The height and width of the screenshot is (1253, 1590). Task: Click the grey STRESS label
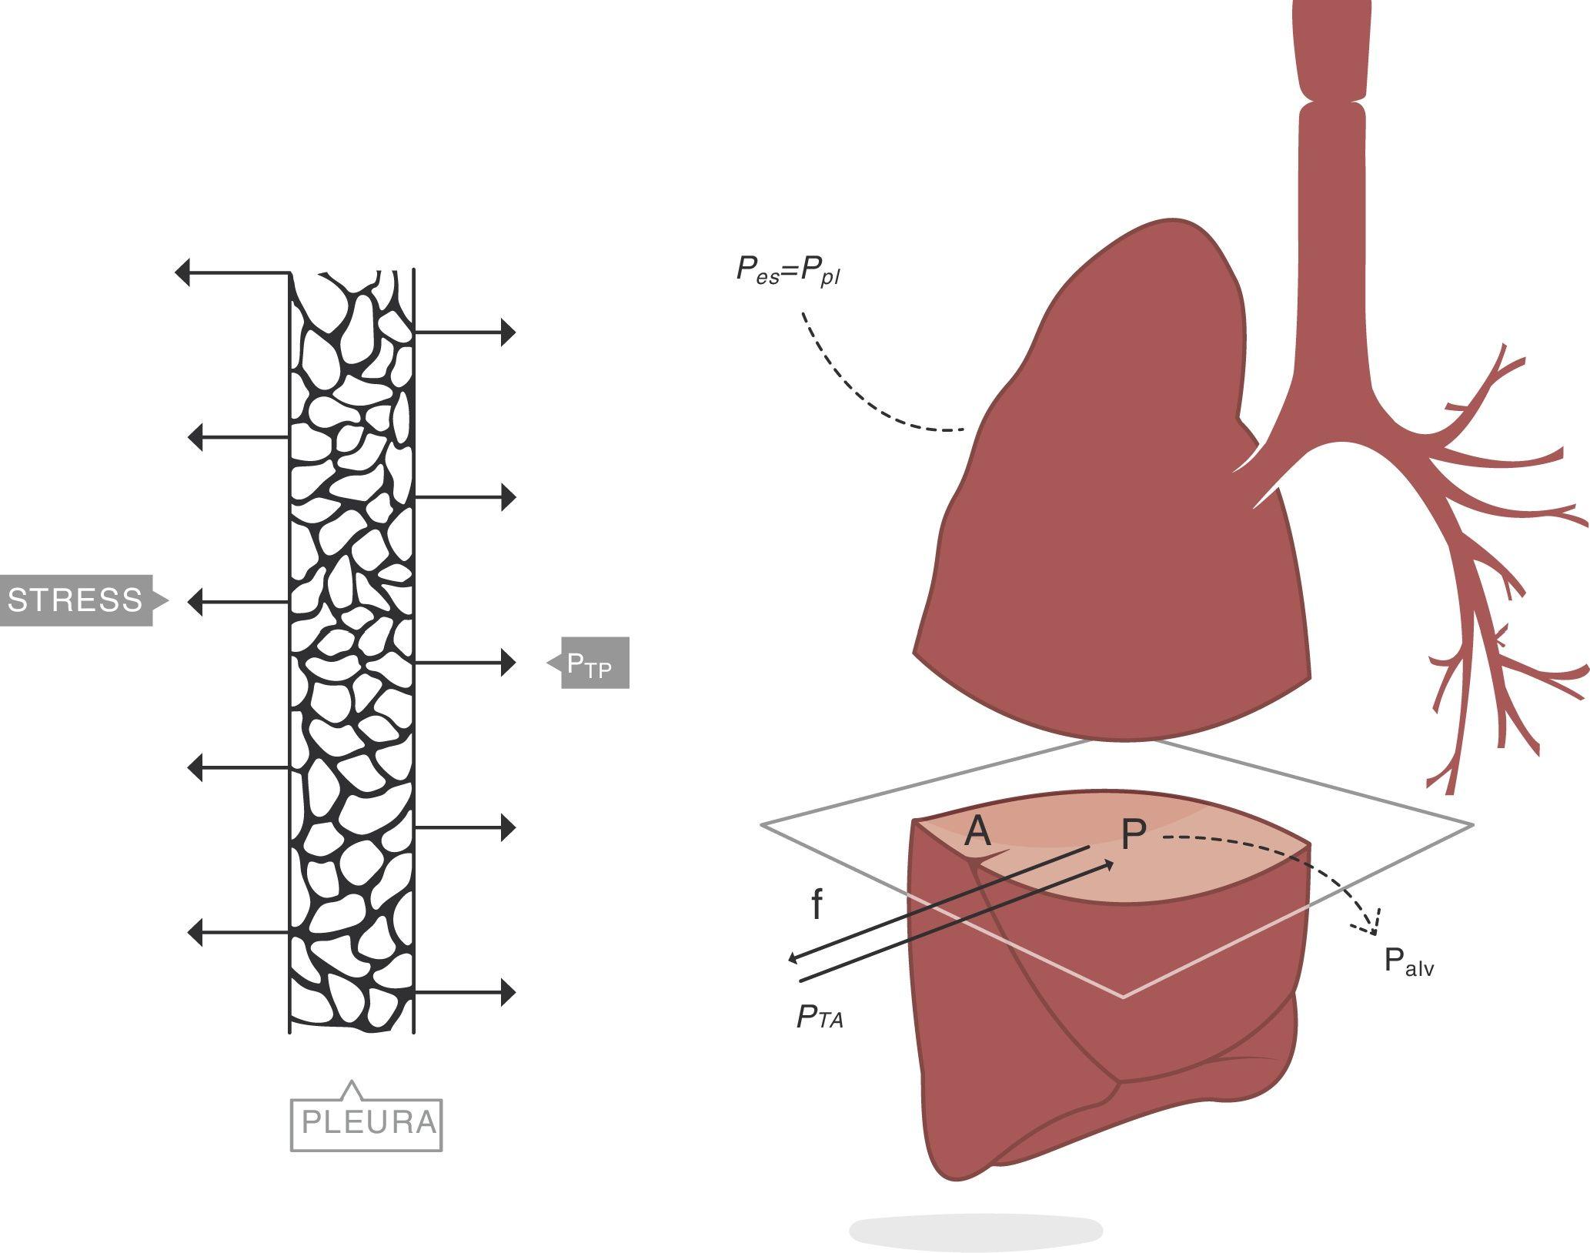(x=75, y=600)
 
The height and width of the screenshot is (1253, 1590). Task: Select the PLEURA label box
(x=367, y=1123)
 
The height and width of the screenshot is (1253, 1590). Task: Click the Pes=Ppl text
(x=787, y=271)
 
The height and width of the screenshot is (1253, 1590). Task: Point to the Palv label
(x=1408, y=962)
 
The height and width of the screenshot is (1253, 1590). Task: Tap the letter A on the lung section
(x=977, y=832)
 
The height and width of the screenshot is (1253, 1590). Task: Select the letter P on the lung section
(x=1133, y=835)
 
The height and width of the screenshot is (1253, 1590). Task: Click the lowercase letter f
(x=817, y=906)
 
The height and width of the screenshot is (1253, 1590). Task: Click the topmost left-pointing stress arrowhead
(x=183, y=272)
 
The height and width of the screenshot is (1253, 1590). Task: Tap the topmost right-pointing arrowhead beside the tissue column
(x=508, y=332)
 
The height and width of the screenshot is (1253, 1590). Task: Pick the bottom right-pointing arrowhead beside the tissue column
(x=508, y=993)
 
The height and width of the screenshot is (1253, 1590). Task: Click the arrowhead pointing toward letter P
(x=1108, y=865)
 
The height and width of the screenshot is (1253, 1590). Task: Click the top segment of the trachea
(x=1332, y=46)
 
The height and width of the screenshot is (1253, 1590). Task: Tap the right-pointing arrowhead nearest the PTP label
(x=508, y=663)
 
